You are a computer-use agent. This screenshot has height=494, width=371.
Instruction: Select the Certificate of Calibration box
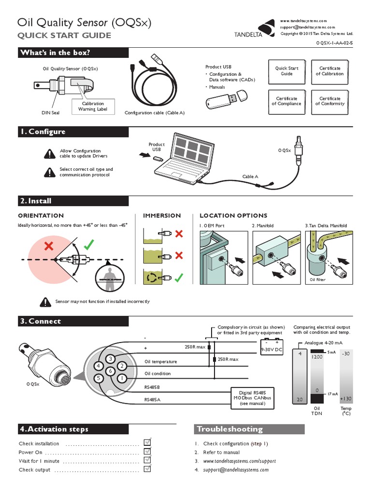point(330,71)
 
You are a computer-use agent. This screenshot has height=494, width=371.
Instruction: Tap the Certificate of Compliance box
point(286,101)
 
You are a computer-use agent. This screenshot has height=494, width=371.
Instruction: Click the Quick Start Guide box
point(286,71)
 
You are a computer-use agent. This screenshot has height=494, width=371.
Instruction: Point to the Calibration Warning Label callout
point(93,106)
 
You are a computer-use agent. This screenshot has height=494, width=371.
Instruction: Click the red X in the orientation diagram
point(48,247)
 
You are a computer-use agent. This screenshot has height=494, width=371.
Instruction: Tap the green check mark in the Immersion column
point(179,277)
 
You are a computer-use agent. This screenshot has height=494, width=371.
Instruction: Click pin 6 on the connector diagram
point(111,370)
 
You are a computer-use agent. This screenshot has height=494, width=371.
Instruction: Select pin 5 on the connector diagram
point(99,378)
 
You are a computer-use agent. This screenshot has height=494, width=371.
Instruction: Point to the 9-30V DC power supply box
point(271,348)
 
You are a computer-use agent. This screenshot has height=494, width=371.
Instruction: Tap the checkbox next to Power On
point(148,452)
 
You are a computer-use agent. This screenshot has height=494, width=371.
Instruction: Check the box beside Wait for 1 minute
point(148,461)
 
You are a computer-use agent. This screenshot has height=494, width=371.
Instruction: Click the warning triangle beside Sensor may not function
point(46,302)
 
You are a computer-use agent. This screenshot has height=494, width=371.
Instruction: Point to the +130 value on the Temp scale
point(346,398)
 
